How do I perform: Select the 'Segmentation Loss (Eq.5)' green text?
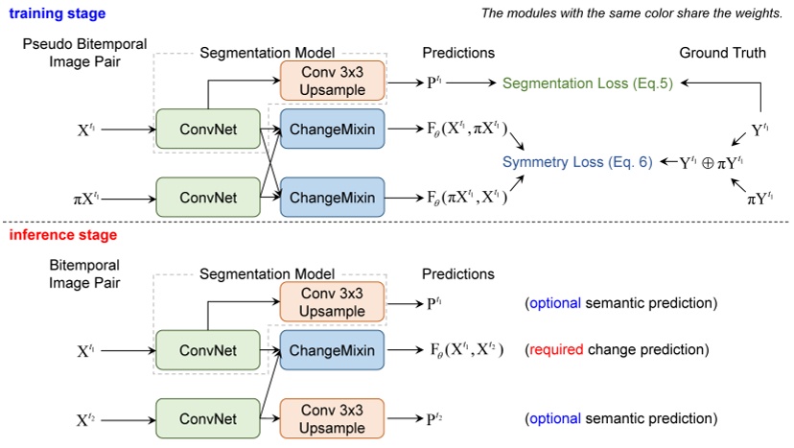click(588, 83)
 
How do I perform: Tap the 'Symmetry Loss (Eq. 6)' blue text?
click(578, 162)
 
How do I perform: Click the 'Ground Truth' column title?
click(722, 53)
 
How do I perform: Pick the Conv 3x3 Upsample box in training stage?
click(332, 82)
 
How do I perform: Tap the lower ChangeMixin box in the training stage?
click(332, 199)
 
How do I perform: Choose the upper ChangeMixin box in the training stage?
click(332, 127)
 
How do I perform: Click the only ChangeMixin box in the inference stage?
click(332, 348)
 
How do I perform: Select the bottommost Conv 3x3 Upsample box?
click(332, 419)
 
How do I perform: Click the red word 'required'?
click(555, 349)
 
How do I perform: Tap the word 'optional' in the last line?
click(555, 419)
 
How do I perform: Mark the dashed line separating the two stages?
click(397, 223)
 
